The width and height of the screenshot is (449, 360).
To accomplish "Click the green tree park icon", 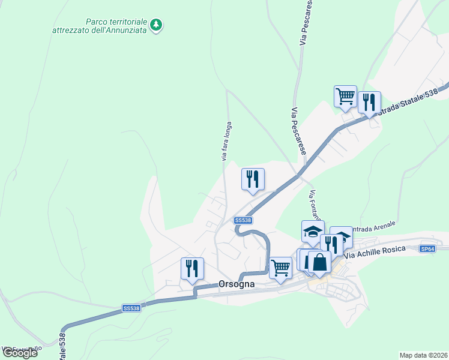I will click(x=157, y=25).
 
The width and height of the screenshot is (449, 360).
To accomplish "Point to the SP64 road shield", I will click(x=427, y=248).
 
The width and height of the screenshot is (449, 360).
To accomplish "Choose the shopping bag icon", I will click(x=319, y=262).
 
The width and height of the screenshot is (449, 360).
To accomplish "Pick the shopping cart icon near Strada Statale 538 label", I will click(x=345, y=95).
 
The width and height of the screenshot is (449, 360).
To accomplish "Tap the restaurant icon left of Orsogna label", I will click(x=192, y=268).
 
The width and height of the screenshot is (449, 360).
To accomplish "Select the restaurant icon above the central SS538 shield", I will click(x=253, y=178).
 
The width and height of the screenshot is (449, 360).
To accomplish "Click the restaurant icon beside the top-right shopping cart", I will click(x=369, y=101).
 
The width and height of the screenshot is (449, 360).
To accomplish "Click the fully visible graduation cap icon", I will click(x=313, y=231).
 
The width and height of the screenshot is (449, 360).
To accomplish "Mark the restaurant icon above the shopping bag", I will click(x=331, y=244).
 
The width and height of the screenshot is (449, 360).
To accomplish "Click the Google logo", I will click(x=20, y=353).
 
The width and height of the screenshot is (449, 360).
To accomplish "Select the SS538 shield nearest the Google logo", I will click(x=131, y=308).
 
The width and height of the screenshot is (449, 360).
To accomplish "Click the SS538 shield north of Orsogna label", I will click(x=243, y=220).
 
